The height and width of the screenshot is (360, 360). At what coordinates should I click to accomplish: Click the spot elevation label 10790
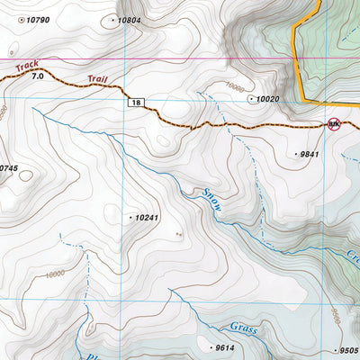(40, 19)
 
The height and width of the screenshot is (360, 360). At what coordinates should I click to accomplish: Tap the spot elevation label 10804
(130, 19)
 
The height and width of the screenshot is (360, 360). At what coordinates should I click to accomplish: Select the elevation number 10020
(269, 100)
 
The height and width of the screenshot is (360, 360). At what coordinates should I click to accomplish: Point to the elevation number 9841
(309, 155)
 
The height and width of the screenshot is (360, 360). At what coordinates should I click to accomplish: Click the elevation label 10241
(145, 217)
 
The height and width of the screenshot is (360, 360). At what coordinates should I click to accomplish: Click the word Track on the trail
(28, 67)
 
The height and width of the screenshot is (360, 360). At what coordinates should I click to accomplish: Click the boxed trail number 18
(135, 103)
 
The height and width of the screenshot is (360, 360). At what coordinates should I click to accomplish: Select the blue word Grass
(243, 328)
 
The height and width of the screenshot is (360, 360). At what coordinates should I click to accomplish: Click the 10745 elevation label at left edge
(8, 168)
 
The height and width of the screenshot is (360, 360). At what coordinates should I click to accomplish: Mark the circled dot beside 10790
(22, 19)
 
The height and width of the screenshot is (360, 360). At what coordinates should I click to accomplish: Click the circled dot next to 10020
(251, 100)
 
